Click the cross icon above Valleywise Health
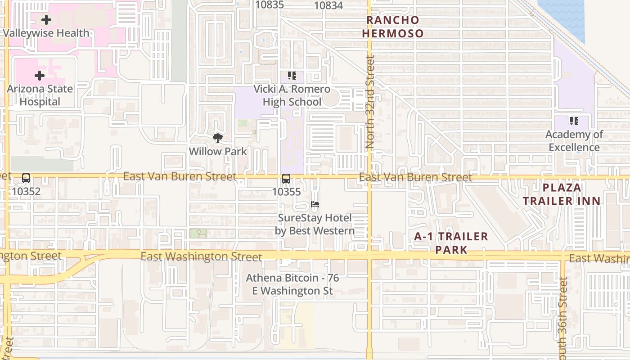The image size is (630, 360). coord(46,20)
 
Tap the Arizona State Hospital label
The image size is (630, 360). coord(40,95)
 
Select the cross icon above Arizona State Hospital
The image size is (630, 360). coord(40,75)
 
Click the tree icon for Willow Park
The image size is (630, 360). coord(218,138)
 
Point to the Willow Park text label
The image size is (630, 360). coord(218,151)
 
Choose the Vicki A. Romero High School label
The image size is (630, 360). coord(292,95)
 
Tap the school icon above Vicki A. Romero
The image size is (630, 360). coord(292,76)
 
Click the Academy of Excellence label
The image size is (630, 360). coord(574,141)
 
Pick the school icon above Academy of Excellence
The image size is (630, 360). coord(574,121)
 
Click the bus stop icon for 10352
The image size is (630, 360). coord(26,178)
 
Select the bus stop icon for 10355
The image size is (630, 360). coord(286,179)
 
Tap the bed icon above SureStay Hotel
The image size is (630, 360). coord(315,205)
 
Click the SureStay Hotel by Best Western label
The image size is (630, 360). coord(315,225)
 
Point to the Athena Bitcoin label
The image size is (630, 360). coord(292,284)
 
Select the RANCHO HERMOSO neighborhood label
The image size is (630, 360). coord(393,27)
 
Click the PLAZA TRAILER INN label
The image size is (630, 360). coord(562,194)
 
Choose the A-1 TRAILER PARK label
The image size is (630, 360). coord(451,243)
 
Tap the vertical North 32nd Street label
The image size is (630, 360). coord(370,102)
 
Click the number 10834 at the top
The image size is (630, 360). coord(328,5)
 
